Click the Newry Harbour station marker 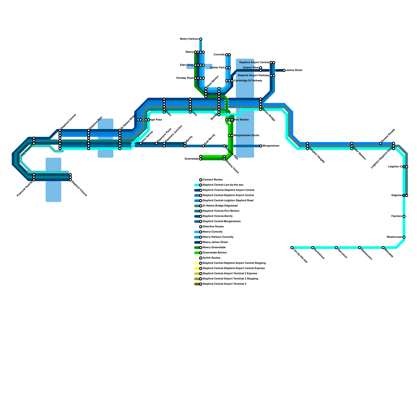201,39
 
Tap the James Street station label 294,70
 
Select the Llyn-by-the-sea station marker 292,248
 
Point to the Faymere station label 397,216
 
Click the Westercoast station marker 404,237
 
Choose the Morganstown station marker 261,146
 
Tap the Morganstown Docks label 247,136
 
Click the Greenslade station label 192,159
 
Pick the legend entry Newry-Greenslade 214,248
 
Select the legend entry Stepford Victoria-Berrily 218,216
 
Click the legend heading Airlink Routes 211,258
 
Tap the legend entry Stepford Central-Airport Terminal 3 224,284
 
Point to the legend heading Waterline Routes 213,227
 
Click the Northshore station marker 313,248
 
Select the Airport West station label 251,68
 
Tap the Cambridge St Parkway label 248,81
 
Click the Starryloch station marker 336,248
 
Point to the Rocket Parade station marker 381,143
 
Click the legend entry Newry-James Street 215,242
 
